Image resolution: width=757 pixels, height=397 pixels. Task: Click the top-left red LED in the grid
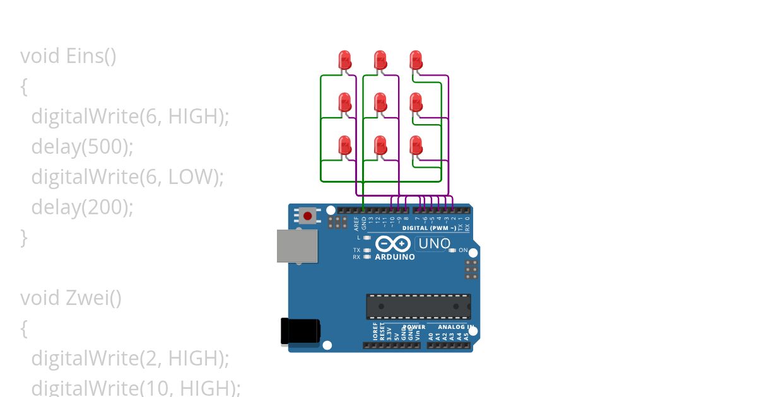345,60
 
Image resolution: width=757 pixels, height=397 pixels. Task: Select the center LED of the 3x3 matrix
380,102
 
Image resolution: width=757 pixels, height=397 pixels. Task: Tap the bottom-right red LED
416,146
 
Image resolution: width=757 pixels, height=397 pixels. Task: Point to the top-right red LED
416,60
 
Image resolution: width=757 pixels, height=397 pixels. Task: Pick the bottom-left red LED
345,146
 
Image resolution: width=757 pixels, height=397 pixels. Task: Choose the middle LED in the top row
380,60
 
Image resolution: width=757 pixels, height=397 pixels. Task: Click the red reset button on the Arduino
307,216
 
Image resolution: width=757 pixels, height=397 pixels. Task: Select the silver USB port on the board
297,246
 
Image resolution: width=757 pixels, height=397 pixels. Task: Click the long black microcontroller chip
418,306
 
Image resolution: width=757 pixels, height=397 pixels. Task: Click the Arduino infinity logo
393,244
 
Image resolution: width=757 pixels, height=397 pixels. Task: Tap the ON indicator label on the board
463,251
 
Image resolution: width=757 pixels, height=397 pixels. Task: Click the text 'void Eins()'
68,56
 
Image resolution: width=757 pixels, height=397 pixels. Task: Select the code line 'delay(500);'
82,147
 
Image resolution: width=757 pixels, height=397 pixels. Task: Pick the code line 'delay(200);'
82,207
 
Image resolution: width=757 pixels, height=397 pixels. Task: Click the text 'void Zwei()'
71,297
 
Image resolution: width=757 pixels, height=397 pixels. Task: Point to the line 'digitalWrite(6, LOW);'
127,177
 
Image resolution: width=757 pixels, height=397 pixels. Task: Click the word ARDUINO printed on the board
395,257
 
